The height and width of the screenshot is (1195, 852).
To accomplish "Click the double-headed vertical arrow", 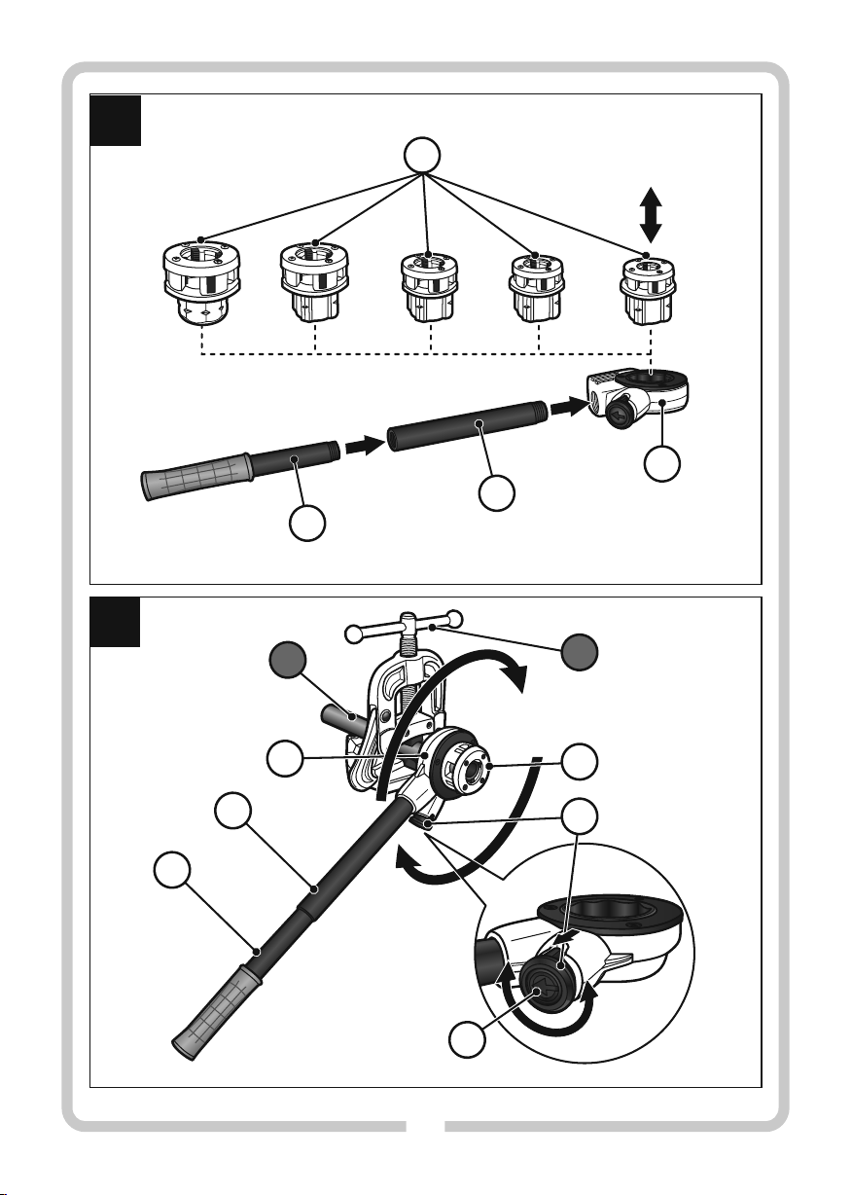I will (651, 215).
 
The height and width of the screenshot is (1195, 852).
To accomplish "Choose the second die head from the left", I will (315, 283).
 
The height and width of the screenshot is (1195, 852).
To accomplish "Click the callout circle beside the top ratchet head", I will (663, 465).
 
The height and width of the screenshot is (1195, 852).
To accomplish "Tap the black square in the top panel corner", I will (116, 120).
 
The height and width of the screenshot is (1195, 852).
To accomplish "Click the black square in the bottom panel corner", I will (116, 623).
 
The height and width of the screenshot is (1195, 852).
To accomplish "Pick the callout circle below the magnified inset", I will (468, 1043).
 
